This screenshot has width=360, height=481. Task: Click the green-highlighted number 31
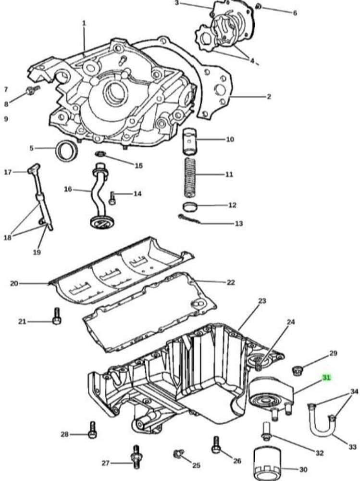[326, 378]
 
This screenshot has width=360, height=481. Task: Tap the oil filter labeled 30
[267, 464]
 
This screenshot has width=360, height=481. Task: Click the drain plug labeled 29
[297, 371]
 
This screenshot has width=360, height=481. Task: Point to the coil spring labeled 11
[190, 177]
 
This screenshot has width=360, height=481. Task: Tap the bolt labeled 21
[57, 316]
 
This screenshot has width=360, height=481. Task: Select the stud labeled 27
[136, 456]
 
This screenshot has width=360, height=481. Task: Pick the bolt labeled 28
[92, 430]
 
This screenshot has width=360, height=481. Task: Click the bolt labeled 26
[216, 445]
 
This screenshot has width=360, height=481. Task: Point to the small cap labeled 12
[190, 207]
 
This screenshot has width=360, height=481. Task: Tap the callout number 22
[231, 282]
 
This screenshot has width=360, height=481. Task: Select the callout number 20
[14, 283]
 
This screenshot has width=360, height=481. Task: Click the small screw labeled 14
[112, 198]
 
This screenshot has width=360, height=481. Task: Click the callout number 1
[84, 23]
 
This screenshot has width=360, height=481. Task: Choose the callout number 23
[262, 301]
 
